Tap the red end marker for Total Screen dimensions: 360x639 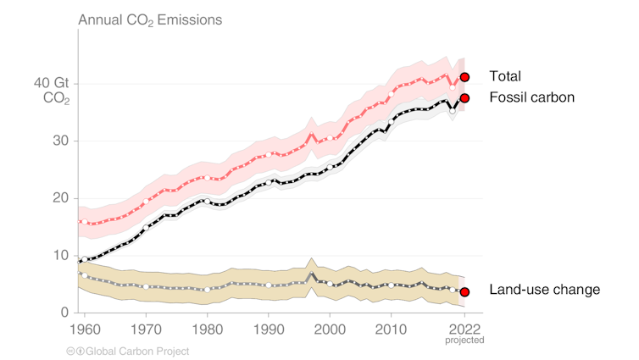coord(464,77)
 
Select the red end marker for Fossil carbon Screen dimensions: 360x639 coord(464,97)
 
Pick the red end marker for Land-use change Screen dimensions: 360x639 coord(464,291)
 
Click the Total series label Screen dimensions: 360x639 coord(504,76)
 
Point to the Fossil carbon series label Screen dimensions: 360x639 coord(532,97)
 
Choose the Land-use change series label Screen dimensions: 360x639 coord(545,291)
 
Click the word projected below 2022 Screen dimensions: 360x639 coord(464,341)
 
